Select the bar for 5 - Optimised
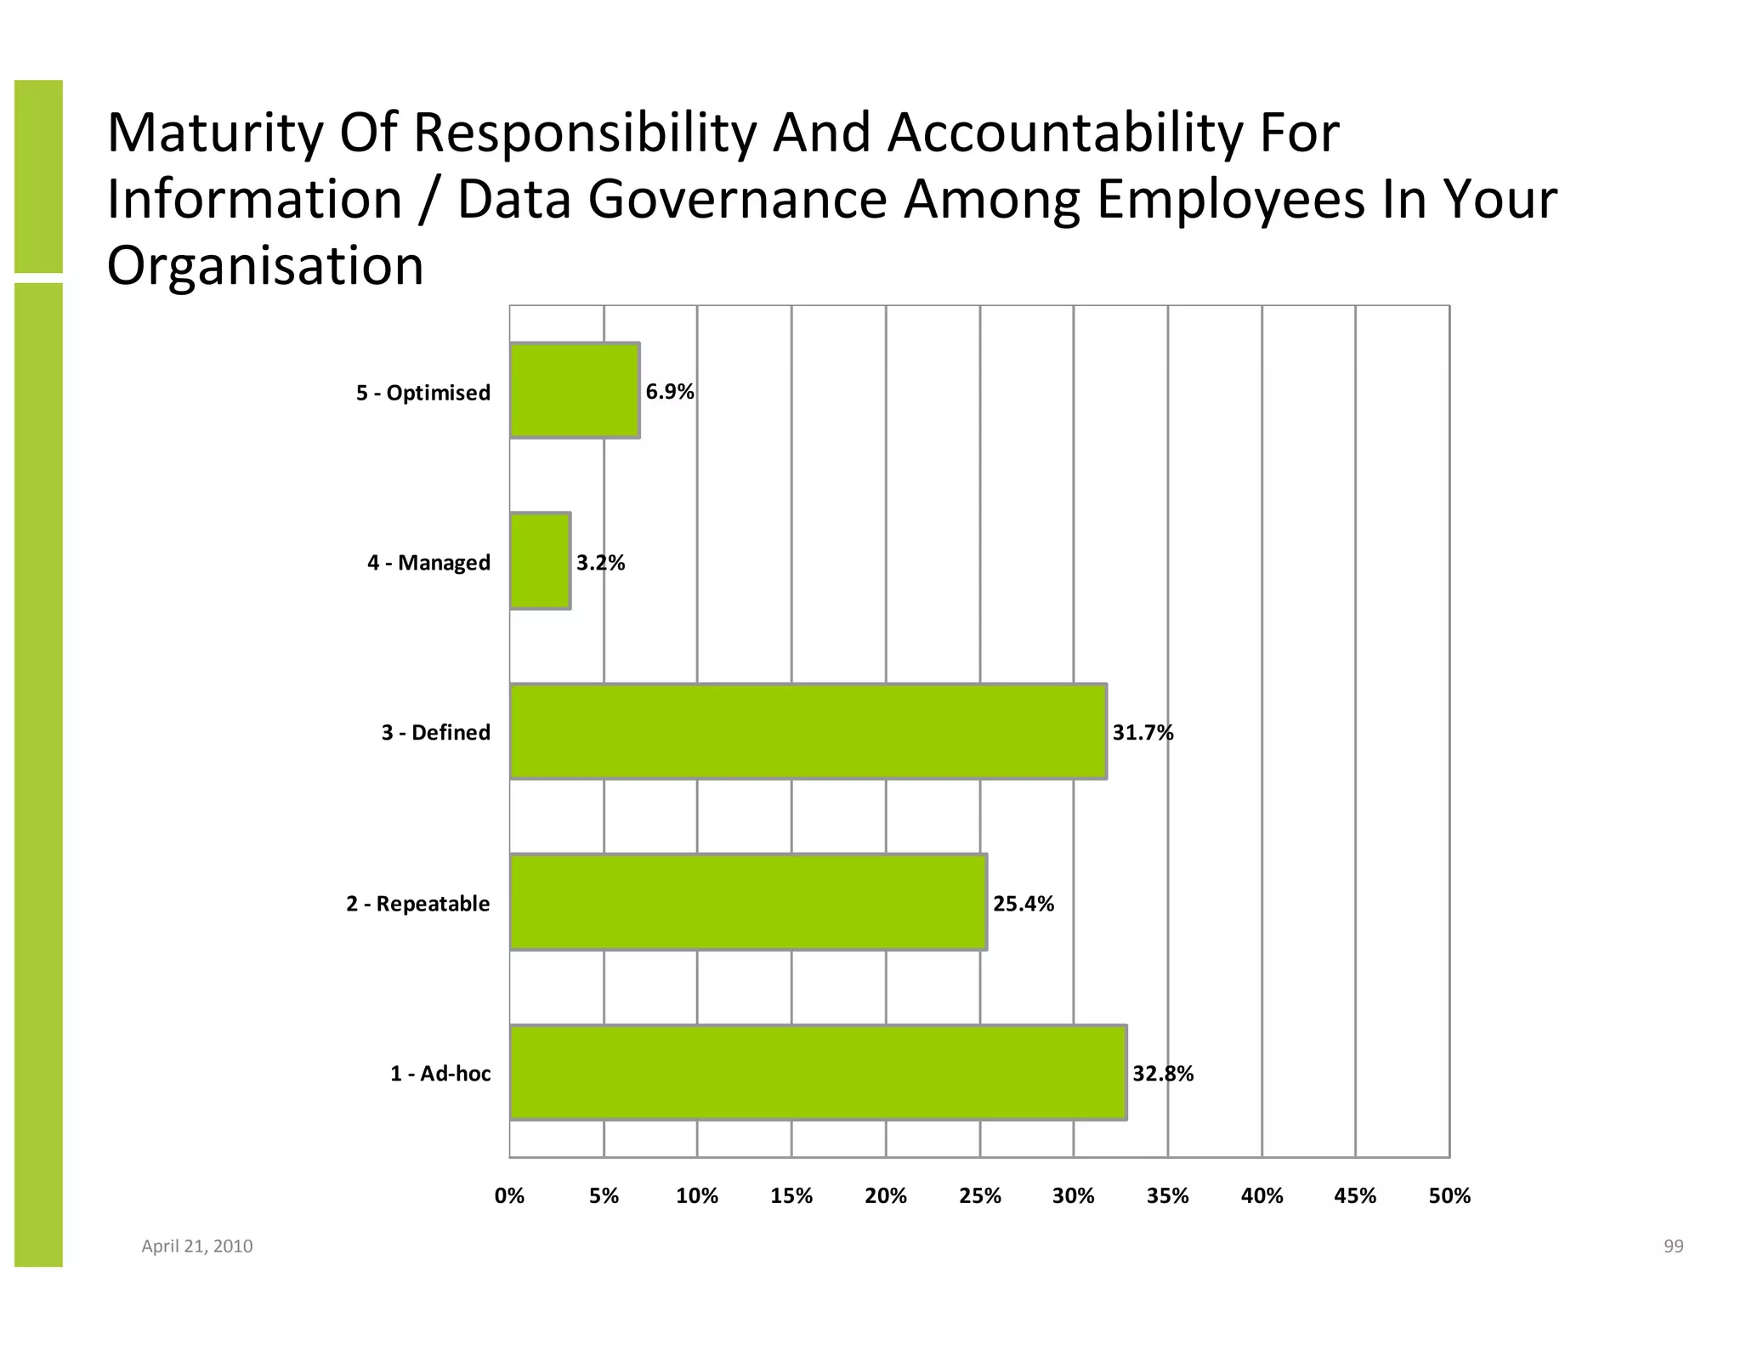point(575,390)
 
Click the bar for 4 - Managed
point(540,561)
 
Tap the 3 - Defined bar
point(808,731)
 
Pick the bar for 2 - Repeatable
point(748,902)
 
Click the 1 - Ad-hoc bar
point(818,1072)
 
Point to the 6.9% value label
point(670,392)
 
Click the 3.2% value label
point(600,563)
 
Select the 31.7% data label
point(1143,733)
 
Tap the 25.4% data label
point(1023,904)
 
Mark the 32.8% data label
point(1162,1074)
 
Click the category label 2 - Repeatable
point(417,904)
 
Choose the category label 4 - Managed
point(428,563)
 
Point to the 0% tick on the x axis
point(509,1196)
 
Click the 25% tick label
point(979,1196)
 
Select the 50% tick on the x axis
point(1449,1196)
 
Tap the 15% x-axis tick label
point(791,1196)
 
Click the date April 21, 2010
point(196,1246)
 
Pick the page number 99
point(1673,1246)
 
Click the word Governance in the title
point(736,200)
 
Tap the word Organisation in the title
point(264,265)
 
